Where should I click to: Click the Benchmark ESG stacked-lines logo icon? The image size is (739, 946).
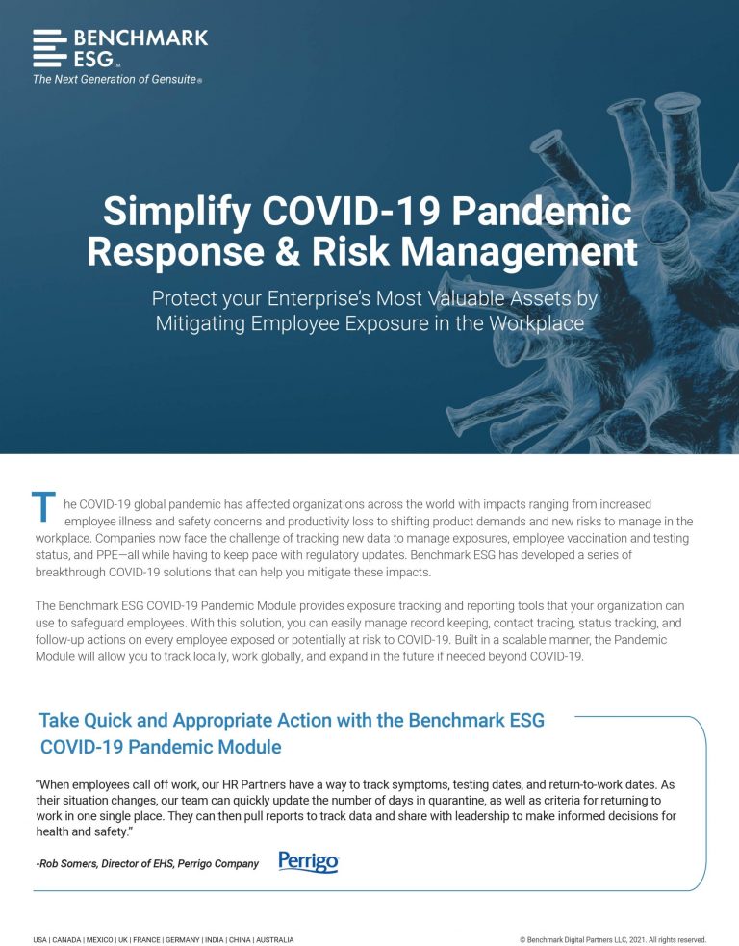click(49, 48)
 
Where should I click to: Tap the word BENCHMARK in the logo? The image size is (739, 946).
click(141, 38)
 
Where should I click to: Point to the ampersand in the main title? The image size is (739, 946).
click(288, 251)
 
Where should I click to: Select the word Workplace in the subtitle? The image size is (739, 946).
click(536, 323)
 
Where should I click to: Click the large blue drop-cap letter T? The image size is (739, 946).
click(43, 506)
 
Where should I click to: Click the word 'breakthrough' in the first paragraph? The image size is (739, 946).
click(70, 572)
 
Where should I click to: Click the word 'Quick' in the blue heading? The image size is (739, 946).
click(109, 721)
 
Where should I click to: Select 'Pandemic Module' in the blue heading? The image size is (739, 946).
click(205, 747)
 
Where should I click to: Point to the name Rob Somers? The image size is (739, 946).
click(67, 864)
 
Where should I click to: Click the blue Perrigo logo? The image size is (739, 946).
click(308, 861)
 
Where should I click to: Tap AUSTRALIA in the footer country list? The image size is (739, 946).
click(274, 940)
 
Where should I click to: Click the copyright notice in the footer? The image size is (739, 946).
click(613, 940)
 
